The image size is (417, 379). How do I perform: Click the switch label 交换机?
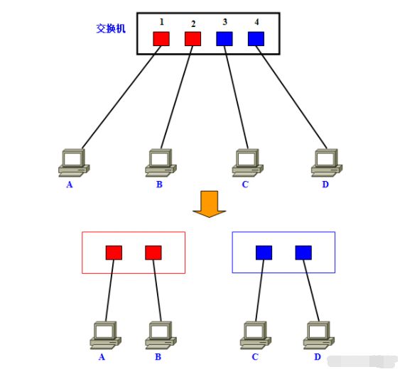click(112, 29)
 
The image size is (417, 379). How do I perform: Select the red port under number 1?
click(161, 38)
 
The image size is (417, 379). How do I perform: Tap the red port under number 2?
click(193, 38)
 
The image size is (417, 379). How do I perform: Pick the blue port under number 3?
click(224, 38)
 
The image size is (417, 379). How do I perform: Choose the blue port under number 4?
click(256, 38)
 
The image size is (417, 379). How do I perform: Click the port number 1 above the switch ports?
click(161, 21)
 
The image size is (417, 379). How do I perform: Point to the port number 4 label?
click(256, 21)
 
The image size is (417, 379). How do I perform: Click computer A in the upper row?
click(73, 163)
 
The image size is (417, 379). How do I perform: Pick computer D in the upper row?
click(327, 163)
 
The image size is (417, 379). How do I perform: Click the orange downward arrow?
click(209, 204)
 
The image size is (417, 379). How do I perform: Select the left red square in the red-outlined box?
click(114, 252)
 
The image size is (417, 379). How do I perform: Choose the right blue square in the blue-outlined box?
click(303, 252)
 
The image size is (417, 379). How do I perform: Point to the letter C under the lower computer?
click(254, 357)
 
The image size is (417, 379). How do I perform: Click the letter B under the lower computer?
click(158, 357)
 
